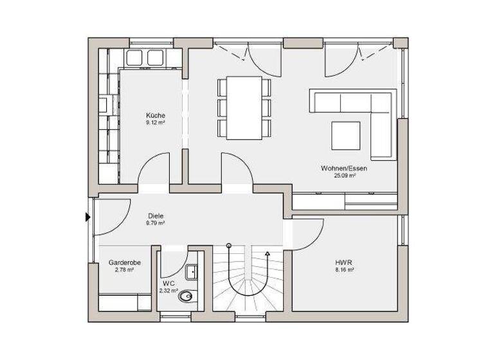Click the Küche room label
click(156, 115)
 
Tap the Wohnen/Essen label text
click(344, 168)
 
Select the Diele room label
click(155, 216)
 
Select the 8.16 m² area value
click(345, 270)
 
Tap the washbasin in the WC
click(192, 273)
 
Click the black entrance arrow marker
click(88, 217)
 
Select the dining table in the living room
click(244, 107)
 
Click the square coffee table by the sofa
click(346, 134)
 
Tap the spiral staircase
click(248, 280)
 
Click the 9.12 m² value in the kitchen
click(156, 122)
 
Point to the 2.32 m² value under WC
click(169, 291)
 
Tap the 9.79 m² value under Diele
click(155, 224)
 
